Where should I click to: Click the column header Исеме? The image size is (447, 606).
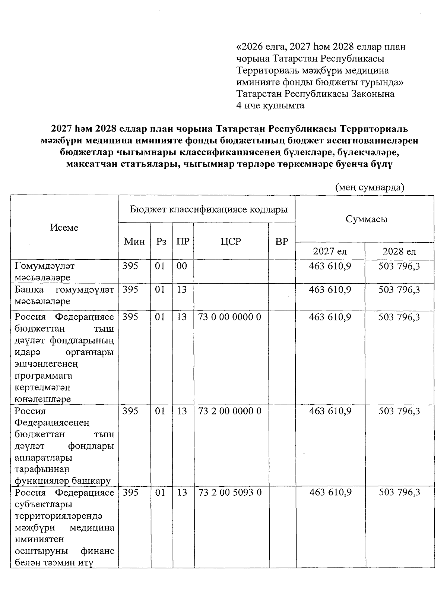point(64,228)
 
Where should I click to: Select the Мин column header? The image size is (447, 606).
point(134,242)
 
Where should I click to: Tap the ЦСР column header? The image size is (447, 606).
point(231,242)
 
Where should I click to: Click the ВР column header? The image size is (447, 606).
point(282,242)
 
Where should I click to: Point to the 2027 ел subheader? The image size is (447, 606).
point(330,252)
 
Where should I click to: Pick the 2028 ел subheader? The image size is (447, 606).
point(399,252)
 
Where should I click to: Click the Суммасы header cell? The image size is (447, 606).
point(366,219)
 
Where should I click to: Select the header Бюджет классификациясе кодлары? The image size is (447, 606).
point(209,209)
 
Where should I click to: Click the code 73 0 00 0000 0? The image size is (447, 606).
point(230,317)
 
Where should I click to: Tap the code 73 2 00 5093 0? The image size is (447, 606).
point(230,493)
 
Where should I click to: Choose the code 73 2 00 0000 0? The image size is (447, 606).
point(230,411)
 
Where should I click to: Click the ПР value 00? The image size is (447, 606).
point(182,266)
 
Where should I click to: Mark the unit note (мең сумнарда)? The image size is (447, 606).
point(370,187)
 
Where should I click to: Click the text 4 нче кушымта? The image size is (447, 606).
point(270,105)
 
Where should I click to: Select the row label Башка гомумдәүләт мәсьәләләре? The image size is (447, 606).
point(64,296)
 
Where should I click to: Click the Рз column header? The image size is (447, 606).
point(161,242)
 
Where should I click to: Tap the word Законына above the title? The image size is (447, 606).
point(373,94)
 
